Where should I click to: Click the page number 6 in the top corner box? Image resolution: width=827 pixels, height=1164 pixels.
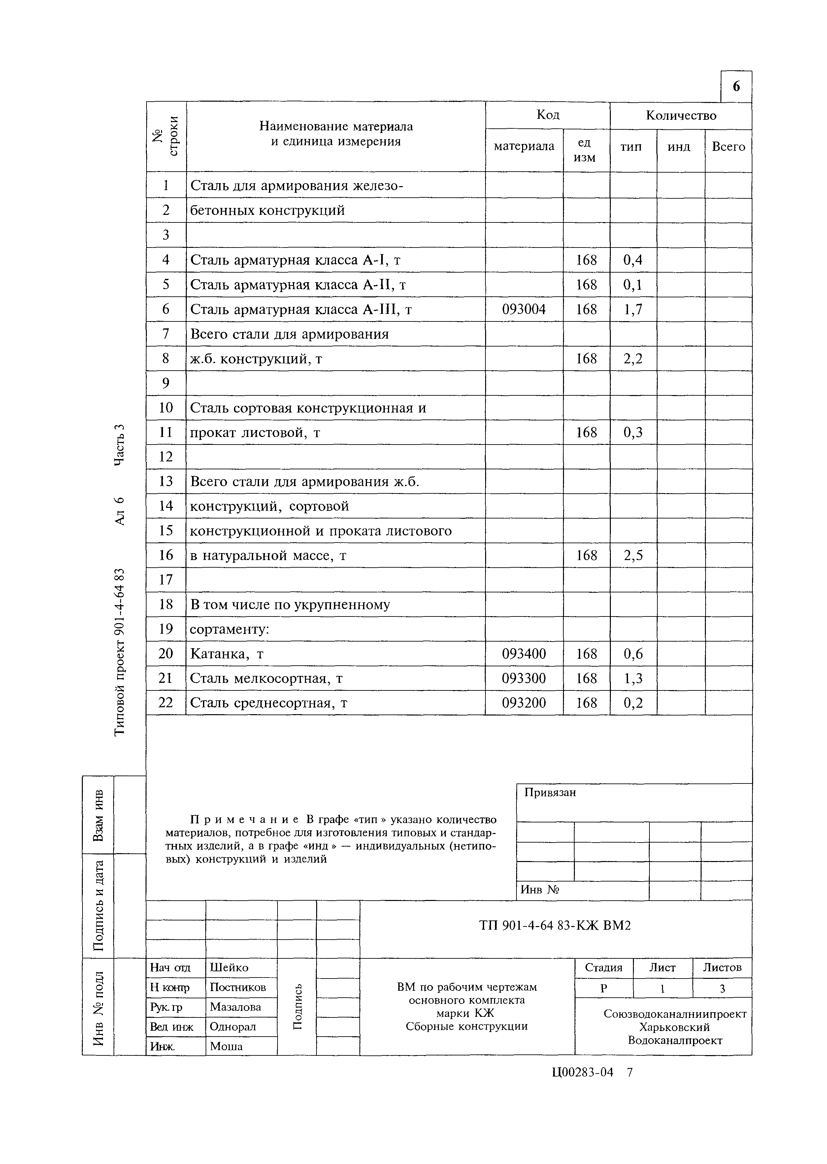tap(736, 86)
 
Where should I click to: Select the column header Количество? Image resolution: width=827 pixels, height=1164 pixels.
tap(681, 116)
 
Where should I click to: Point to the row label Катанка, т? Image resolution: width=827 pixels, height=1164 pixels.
tap(227, 654)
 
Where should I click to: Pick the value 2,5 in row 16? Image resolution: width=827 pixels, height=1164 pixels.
tap(633, 555)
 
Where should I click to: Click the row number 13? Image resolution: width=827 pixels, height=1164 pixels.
tap(166, 481)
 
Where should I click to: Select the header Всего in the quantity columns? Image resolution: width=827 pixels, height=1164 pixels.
tap(728, 147)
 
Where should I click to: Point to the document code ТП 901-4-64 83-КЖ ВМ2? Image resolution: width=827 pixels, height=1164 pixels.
tap(555, 925)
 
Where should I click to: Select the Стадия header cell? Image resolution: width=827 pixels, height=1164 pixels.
tap(604, 967)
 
